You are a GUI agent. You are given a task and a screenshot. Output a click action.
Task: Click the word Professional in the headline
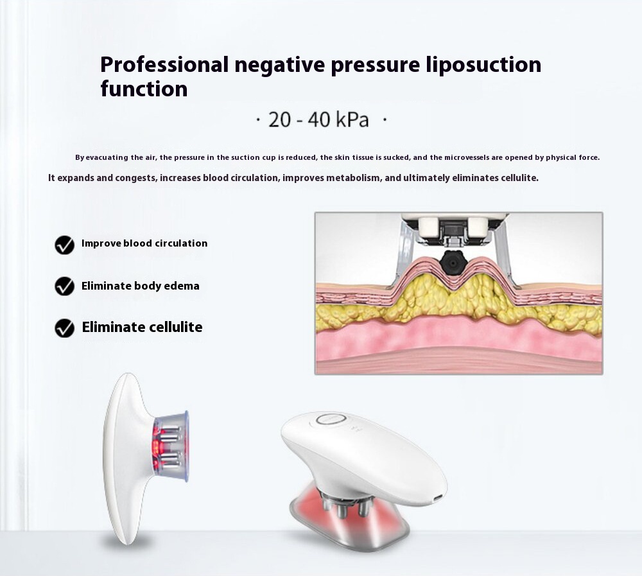pyautogui.click(x=164, y=65)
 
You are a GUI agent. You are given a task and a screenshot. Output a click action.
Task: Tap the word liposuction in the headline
pyautogui.click(x=483, y=65)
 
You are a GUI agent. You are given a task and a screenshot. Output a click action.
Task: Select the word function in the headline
pyautogui.click(x=144, y=89)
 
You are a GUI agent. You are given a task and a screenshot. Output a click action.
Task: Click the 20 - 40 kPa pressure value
pyautogui.click(x=318, y=119)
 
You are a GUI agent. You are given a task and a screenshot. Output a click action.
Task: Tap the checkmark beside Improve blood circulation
pyautogui.click(x=64, y=245)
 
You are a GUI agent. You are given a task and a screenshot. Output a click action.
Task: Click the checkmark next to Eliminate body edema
pyautogui.click(x=64, y=286)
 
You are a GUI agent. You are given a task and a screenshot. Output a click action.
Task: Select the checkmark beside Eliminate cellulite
pyautogui.click(x=64, y=327)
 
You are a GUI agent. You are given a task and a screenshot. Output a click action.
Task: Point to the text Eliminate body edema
pyautogui.click(x=141, y=286)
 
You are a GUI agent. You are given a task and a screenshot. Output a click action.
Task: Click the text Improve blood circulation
pyautogui.click(x=144, y=243)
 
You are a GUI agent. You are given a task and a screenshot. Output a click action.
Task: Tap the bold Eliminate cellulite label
pyautogui.click(x=142, y=327)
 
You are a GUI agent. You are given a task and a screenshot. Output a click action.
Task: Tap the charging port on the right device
pyautogui.click(x=438, y=498)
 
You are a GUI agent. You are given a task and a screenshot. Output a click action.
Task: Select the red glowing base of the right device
pyautogui.click(x=348, y=518)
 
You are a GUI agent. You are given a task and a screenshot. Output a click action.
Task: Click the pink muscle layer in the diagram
pyautogui.click(x=458, y=340)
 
